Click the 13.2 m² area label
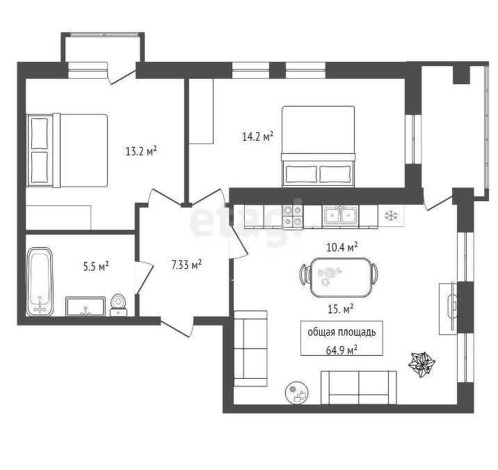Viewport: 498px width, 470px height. coord(141,150)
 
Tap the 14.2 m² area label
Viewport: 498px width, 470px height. coord(257,136)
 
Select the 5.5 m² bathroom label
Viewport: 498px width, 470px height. coord(96,266)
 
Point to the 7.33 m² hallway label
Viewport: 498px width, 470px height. coord(186,265)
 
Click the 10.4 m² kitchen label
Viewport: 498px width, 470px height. coord(342,246)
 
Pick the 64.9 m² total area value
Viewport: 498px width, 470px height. coord(342,350)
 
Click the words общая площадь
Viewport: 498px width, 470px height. coord(342,332)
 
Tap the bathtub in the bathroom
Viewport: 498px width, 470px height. coord(40,281)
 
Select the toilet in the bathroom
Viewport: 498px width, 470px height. coord(118,305)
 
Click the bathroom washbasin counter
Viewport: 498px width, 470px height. coord(86,306)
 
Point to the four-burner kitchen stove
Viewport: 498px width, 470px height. coord(293,217)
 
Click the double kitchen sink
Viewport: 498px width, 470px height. coord(341,216)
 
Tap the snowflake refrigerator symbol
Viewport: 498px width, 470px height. coord(391,216)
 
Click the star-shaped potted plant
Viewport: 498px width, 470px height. coord(421,364)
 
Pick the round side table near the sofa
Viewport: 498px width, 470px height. coord(296,393)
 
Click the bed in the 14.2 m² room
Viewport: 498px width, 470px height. coord(319,146)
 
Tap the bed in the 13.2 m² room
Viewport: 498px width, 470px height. coord(67,150)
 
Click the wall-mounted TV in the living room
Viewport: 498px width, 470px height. coord(452,306)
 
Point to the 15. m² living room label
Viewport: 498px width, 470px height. coord(341,308)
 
